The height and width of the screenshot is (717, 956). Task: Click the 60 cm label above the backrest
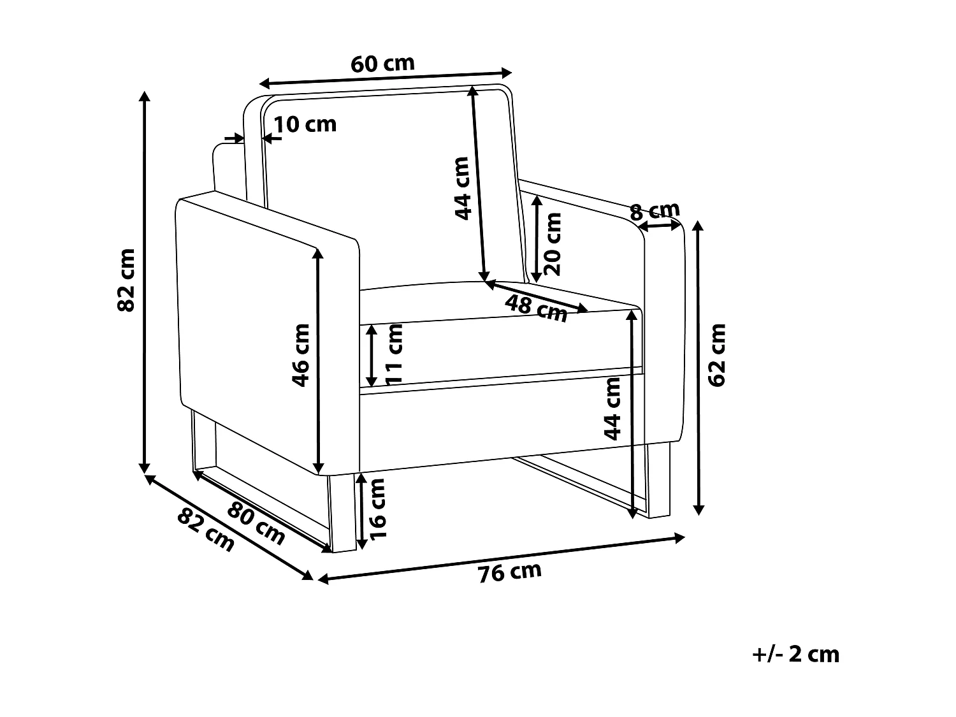point(382,64)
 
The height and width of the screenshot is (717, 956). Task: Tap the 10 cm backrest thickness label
point(305,124)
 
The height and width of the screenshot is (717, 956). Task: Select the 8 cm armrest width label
point(655,211)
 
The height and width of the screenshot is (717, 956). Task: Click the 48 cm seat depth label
point(537,308)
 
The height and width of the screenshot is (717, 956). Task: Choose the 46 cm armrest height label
point(301,355)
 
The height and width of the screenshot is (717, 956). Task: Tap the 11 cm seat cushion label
point(395,354)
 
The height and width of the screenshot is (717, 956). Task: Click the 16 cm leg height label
point(377,509)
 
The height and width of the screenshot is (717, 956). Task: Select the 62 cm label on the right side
point(718,355)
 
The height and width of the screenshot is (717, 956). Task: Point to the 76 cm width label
point(510,572)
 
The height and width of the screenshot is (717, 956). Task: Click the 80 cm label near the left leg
point(256,524)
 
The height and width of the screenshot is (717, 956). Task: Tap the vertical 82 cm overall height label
point(126,280)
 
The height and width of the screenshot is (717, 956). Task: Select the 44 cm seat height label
point(612,409)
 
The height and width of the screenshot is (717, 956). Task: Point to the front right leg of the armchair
point(658,481)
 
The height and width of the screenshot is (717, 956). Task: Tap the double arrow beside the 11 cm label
point(372,356)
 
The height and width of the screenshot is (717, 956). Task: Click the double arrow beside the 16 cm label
point(361,511)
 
